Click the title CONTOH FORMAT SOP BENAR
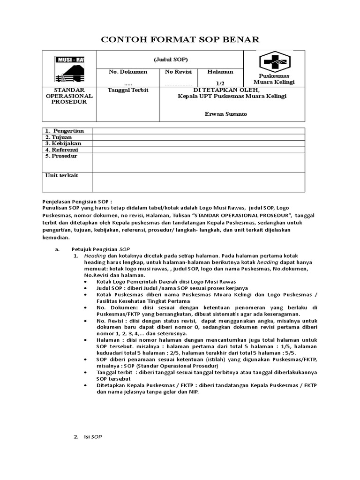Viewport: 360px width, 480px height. (x=180, y=39)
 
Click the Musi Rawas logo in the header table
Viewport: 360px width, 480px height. (x=70, y=68)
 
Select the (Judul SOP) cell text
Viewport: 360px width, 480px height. (x=171, y=59)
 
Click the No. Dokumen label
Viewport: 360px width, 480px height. (x=128, y=72)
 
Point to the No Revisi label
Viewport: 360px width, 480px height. (x=179, y=72)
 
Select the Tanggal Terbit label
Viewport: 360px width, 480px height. (x=128, y=90)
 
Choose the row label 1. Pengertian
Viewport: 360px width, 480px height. (x=65, y=131)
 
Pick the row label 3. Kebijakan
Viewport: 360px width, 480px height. (x=63, y=143)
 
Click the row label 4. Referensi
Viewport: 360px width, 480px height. (x=63, y=150)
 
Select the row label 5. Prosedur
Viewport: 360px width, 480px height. (x=61, y=156)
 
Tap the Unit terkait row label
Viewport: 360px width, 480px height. (x=61, y=175)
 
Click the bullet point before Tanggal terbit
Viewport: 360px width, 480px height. (x=85, y=372)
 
